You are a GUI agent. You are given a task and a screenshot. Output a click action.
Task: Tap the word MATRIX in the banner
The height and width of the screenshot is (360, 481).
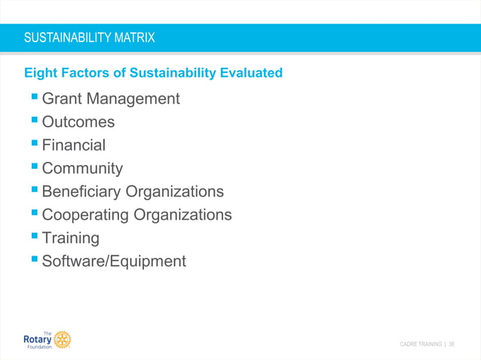coord(134,37)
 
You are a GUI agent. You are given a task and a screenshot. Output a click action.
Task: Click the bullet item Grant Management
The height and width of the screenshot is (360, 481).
coord(111,99)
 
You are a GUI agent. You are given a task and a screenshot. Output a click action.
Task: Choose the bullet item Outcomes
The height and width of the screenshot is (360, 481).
coord(78,122)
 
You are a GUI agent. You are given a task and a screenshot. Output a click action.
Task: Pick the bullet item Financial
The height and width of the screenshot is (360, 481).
coord(74,145)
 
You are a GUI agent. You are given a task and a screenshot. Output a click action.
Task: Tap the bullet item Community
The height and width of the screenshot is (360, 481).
coord(82,169)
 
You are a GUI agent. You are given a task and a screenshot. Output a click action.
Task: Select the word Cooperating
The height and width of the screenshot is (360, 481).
coord(86,215)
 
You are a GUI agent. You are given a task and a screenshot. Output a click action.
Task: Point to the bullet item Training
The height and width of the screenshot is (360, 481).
coord(71,238)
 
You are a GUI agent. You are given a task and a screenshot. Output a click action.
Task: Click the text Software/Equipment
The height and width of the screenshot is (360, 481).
coord(114,261)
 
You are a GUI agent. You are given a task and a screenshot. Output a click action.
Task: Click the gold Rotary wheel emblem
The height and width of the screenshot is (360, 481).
coord(63,340)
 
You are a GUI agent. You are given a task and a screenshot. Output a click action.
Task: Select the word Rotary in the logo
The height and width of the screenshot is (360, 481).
coord(38,340)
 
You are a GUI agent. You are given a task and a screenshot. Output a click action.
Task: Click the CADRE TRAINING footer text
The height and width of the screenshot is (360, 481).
coord(421,344)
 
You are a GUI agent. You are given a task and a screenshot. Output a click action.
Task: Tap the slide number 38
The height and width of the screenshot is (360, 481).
coord(452,344)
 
